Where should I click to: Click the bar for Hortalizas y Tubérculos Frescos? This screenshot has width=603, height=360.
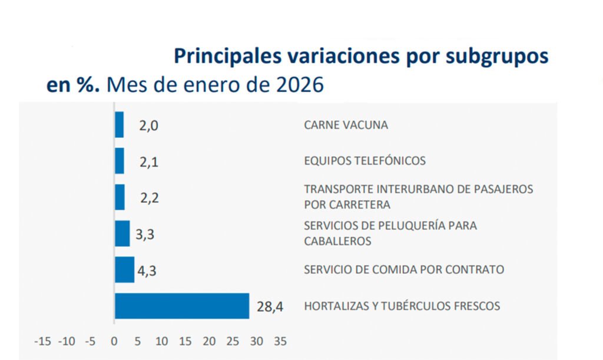(182, 306)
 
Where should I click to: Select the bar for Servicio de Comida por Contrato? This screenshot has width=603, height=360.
(125, 270)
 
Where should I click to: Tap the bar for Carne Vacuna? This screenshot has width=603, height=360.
(120, 125)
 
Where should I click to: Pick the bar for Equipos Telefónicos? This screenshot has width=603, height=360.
(120, 161)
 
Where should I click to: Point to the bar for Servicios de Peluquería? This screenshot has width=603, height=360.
(122, 233)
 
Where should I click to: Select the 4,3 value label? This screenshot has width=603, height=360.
(147, 270)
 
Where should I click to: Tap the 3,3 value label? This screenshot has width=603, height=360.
(145, 234)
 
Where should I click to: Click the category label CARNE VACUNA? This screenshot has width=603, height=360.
(346, 125)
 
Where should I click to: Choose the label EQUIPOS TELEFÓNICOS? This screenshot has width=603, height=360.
(365, 161)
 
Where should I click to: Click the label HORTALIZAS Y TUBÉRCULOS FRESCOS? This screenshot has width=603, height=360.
(402, 306)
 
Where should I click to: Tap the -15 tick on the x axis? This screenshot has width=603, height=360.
(42, 341)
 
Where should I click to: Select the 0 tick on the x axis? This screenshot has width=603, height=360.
(114, 341)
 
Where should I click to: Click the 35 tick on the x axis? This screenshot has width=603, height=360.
(280, 341)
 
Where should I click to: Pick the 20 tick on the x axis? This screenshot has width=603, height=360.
(209, 341)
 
